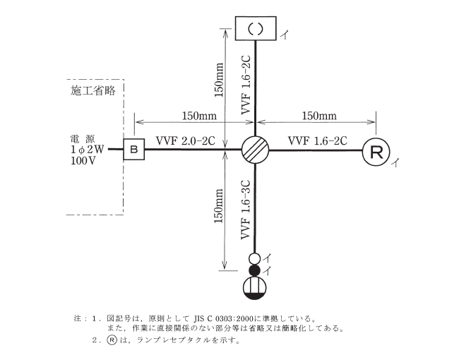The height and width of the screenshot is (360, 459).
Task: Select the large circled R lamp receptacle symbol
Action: [x=376, y=151]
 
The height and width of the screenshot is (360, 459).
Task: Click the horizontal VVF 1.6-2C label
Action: [x=317, y=141]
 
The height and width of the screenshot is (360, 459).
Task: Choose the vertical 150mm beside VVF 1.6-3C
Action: [x=219, y=210]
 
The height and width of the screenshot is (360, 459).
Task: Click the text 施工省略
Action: [x=93, y=90]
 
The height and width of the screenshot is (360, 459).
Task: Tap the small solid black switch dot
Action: [x=256, y=270]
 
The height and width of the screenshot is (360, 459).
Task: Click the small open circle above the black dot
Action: [x=256, y=258]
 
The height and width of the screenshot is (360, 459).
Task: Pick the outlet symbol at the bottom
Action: [x=256, y=287]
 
